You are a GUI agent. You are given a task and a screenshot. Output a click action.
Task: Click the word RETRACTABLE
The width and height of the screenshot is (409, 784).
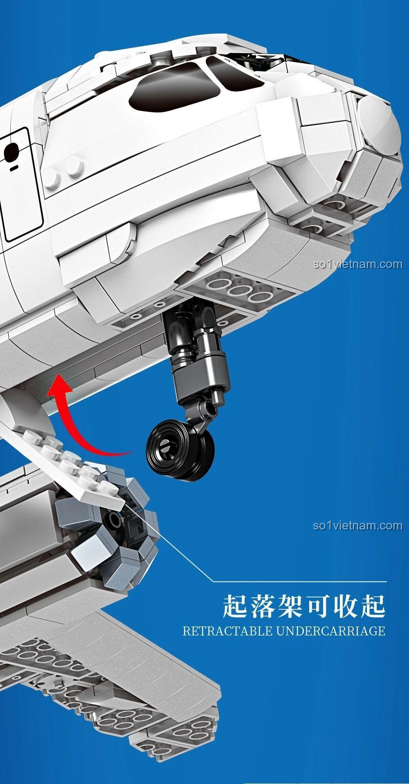227,631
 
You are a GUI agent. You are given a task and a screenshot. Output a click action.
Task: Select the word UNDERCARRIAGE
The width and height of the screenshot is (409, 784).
331,631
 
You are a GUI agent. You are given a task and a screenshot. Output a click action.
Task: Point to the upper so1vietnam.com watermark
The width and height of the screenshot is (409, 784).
358,264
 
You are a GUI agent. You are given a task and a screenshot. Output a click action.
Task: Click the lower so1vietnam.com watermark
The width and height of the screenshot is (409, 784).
358,525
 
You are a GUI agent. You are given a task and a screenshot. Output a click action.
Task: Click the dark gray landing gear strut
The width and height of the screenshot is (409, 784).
196,360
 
